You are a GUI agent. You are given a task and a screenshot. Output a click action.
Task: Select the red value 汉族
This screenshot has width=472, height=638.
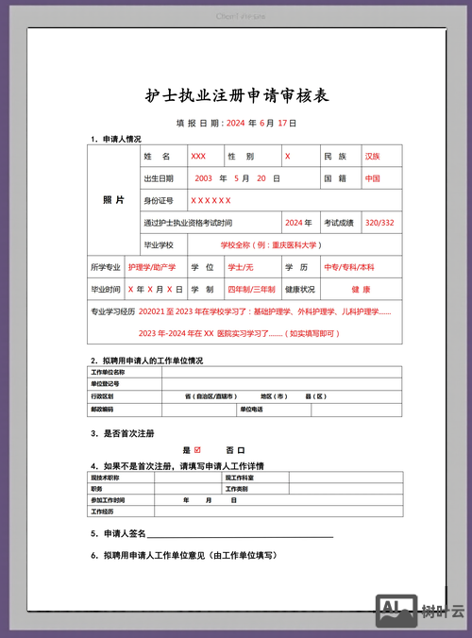point(373,156)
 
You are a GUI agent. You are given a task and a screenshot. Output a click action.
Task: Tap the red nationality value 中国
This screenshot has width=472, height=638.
point(373,177)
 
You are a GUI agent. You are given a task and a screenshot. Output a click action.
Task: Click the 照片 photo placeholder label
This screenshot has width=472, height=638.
point(112,200)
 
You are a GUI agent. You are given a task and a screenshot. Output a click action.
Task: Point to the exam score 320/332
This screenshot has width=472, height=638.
point(379,223)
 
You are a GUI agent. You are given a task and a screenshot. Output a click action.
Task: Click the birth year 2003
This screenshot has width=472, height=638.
point(203,177)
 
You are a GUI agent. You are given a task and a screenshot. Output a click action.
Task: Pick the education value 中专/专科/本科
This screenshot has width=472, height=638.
point(349,267)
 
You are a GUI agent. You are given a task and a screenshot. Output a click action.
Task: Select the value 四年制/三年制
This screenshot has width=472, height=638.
point(251,289)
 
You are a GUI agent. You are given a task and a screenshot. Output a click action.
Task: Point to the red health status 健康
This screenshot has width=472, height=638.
point(361,289)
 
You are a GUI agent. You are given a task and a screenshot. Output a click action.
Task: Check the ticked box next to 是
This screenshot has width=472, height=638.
point(197,450)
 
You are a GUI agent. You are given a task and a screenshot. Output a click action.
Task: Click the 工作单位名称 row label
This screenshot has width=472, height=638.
point(108,373)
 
